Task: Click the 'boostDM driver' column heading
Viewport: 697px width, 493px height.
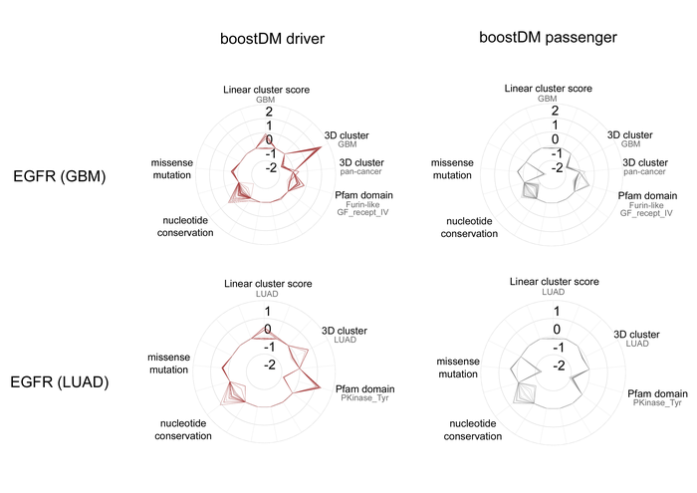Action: (x=272, y=39)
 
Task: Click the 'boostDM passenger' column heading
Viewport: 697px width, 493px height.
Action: (x=548, y=37)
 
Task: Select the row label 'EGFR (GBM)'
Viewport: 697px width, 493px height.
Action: (x=60, y=176)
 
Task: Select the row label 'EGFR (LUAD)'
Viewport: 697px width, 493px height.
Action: (x=60, y=381)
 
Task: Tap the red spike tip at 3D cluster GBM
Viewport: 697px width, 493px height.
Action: (x=321, y=147)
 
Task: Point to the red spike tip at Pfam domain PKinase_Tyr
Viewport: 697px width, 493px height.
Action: (x=320, y=387)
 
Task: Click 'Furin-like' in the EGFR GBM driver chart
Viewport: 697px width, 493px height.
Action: (x=362, y=204)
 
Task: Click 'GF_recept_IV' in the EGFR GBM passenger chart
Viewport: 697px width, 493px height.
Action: (x=646, y=213)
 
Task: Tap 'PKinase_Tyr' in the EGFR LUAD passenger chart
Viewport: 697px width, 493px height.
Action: (x=657, y=402)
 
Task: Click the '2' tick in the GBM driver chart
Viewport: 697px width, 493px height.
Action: (x=269, y=112)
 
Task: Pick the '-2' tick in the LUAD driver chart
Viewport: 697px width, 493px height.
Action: (x=270, y=365)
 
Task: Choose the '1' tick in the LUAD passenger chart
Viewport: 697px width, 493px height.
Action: (x=557, y=311)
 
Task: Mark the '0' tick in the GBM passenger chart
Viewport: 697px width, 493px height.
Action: (x=555, y=139)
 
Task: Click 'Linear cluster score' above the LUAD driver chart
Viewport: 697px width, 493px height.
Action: (x=268, y=284)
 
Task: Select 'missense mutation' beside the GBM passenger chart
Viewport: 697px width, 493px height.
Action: (x=452, y=169)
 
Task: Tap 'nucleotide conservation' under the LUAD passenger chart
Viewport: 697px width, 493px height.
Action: (x=473, y=430)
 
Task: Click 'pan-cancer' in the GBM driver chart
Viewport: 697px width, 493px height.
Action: (x=360, y=171)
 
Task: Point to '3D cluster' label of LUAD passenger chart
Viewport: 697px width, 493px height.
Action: (x=636, y=335)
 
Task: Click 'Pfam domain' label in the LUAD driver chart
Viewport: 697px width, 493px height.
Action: (x=365, y=389)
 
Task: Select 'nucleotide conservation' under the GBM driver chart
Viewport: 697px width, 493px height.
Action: (x=185, y=226)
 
